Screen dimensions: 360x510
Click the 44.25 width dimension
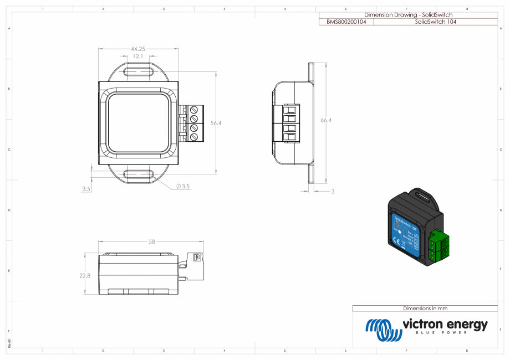tap(138, 49)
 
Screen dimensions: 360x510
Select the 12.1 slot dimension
tap(138, 56)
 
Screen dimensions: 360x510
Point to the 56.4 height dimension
tap(216, 123)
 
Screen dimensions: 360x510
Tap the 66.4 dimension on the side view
tap(326, 120)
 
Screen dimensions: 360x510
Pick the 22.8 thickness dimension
tap(85, 275)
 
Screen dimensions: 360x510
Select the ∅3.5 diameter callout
tap(183, 187)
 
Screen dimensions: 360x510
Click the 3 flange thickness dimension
tap(333, 191)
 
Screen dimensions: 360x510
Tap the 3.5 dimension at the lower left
tap(86, 189)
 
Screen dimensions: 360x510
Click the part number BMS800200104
tap(346, 22)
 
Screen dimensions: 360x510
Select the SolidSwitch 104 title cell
tap(435, 22)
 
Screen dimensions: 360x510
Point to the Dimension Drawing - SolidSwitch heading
tap(408, 15)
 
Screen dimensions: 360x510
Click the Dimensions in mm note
tap(425, 308)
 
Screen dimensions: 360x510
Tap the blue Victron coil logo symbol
tap(383, 330)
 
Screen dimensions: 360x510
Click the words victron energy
tap(445, 324)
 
